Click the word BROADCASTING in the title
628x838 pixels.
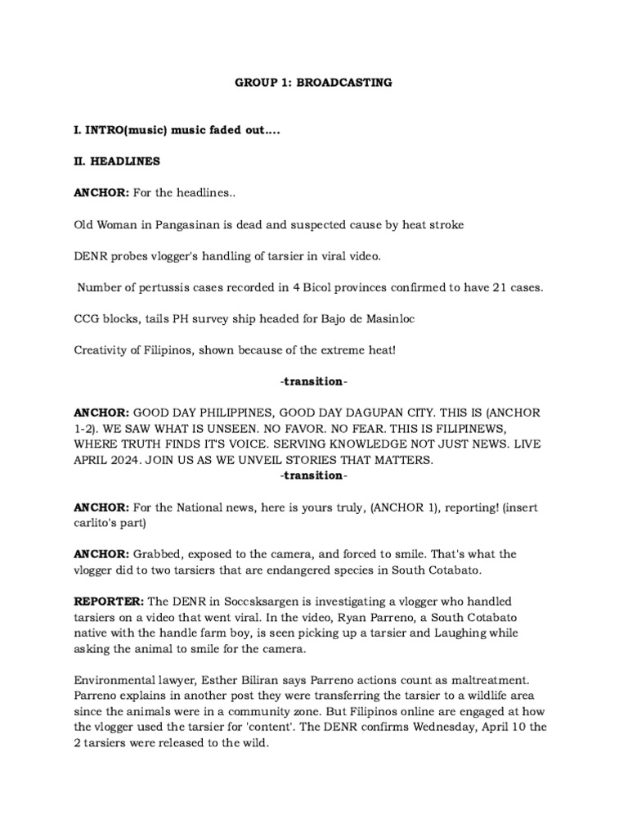350,83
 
